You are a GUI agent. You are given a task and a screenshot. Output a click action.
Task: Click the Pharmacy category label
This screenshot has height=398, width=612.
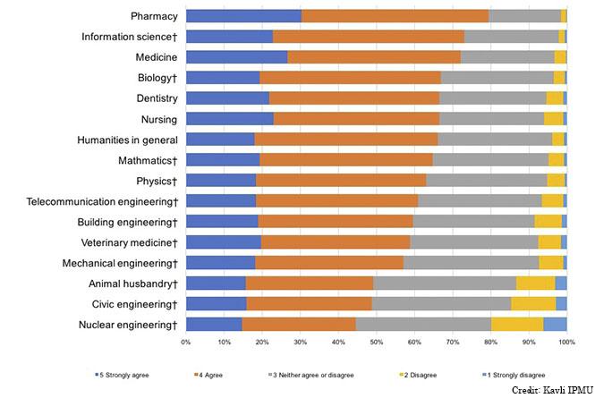pos(154,16)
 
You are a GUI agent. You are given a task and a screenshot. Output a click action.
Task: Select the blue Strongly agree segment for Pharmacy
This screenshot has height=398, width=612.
pos(242,16)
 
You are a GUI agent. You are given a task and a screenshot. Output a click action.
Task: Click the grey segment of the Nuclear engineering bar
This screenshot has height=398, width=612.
pos(423,324)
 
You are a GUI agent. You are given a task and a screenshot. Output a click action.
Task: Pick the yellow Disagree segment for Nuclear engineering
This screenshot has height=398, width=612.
pos(517,324)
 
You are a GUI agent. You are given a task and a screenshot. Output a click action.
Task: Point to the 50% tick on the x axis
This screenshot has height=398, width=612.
pos(376,342)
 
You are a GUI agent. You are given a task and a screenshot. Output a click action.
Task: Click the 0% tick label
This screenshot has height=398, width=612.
pos(185,342)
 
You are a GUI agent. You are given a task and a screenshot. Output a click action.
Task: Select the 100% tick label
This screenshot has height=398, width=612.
pos(565,342)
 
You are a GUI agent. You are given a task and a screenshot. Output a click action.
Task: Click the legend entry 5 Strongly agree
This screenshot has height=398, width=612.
pos(128,375)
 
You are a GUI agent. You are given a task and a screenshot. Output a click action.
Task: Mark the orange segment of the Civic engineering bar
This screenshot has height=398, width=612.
pos(309,303)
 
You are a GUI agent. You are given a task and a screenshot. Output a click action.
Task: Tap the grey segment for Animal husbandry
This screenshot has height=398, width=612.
pos(445,283)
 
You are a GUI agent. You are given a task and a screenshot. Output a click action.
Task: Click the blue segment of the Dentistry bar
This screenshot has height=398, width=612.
pos(227,98)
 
